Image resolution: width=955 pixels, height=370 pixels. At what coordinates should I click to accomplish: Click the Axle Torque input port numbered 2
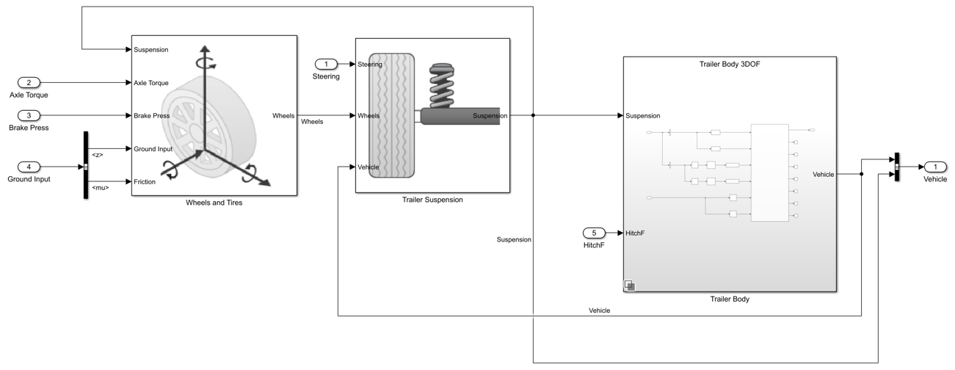point(29,83)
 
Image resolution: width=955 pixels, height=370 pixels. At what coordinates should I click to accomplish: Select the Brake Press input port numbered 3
point(29,115)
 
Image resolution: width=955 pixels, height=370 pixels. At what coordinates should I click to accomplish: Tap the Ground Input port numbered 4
point(29,167)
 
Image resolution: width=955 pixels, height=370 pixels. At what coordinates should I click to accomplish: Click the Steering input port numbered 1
point(326,65)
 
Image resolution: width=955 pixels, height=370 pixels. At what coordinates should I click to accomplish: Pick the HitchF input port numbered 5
point(595,233)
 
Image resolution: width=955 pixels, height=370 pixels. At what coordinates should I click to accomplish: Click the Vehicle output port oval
point(935,167)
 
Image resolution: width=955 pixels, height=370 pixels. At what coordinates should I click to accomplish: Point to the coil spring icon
point(442,86)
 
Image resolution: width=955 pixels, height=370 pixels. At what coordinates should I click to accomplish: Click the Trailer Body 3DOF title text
point(730,65)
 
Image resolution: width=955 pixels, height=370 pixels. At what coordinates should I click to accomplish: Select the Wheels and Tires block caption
point(214,203)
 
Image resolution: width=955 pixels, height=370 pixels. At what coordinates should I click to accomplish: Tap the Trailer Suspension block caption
point(432,200)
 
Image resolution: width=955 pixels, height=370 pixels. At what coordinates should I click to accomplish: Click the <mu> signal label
point(100,187)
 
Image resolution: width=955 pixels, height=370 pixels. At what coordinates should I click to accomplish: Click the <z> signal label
point(98,155)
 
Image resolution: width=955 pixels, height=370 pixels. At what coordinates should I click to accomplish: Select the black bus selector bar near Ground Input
point(86,165)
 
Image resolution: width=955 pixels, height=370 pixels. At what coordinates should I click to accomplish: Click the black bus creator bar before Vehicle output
point(896,167)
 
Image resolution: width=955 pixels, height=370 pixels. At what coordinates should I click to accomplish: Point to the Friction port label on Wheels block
point(145,181)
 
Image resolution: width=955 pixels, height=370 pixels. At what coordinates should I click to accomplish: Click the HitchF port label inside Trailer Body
point(635,233)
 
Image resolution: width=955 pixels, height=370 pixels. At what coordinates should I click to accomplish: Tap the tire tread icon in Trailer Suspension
point(391,115)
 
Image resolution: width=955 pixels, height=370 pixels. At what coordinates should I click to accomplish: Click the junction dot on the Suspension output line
point(533,115)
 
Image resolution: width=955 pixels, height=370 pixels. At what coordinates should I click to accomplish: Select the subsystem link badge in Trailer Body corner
point(629,285)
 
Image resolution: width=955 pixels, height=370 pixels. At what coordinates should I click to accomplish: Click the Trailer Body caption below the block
point(730,300)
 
